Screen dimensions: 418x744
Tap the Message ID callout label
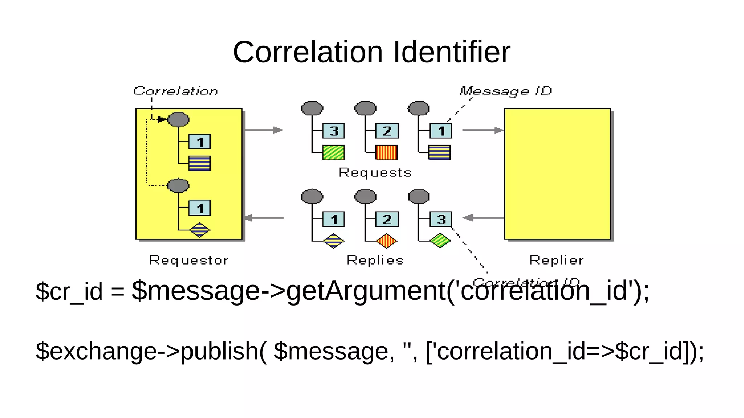505,91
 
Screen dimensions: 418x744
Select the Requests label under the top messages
375,172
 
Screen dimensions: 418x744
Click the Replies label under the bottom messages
375,260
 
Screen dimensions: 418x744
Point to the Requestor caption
189,260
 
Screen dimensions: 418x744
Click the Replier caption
556,260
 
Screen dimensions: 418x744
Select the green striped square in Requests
333,152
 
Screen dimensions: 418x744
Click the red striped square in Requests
387,152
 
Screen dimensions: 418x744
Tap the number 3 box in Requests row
333,131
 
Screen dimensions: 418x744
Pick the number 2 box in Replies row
387,219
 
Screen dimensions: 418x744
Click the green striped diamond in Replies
440,241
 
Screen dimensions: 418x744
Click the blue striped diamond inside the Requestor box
199,230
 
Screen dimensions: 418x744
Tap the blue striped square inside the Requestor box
199,163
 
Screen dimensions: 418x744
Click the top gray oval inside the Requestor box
178,119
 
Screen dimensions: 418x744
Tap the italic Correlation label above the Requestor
175,91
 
